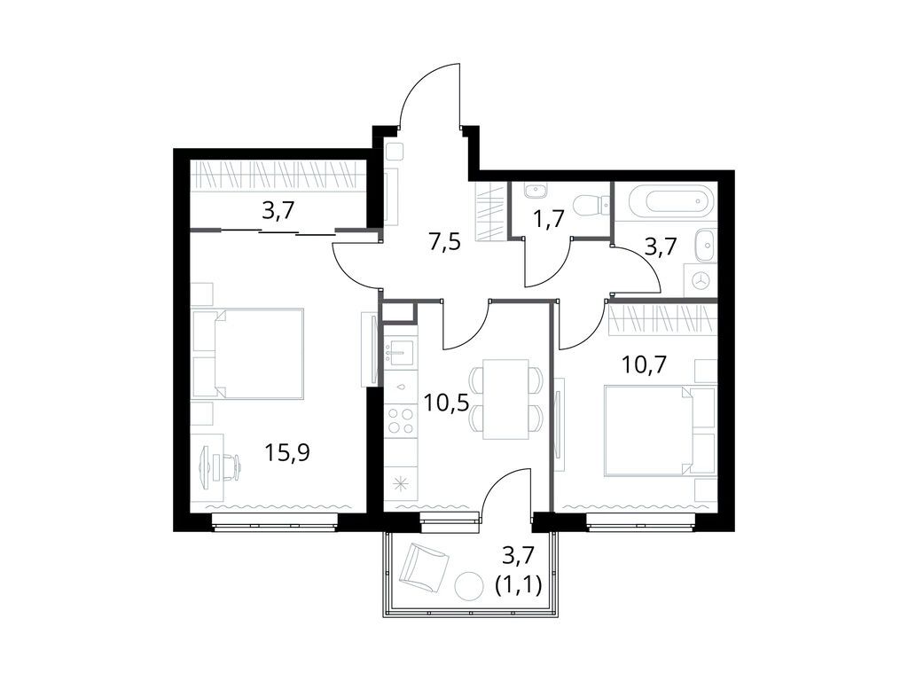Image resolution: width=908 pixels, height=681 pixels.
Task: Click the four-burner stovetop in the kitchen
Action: point(401,419)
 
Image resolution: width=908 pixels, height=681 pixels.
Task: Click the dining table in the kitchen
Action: point(505,399)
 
